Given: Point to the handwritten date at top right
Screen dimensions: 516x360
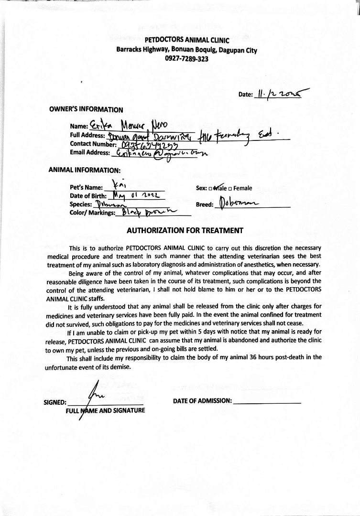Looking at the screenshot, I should pos(282,93).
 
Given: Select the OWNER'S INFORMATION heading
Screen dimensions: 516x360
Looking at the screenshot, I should pos(86,109).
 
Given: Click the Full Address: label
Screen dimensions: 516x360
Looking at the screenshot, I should pos(87,135).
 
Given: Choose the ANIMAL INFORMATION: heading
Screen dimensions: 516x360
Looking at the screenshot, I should pos(84,170).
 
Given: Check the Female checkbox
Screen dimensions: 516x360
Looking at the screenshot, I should pos(230,188).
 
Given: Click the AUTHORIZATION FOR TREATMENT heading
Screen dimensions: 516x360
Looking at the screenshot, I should pos(185,230).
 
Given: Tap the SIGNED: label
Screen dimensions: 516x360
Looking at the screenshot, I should pos(55,402).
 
